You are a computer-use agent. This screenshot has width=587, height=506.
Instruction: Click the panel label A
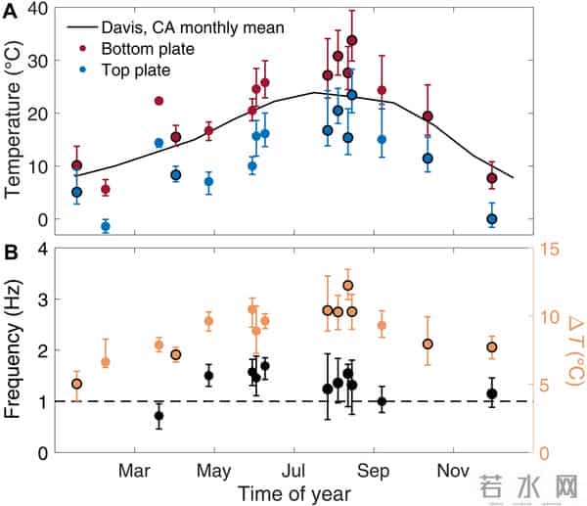(13, 9)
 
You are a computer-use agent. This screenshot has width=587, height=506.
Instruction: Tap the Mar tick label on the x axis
(134, 471)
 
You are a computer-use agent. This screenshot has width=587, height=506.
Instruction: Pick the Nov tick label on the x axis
(451, 471)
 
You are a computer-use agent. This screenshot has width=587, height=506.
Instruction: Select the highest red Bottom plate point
(352, 41)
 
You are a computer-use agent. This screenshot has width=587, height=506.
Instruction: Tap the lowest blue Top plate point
(106, 226)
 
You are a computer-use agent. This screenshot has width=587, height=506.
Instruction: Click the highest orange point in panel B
(347, 285)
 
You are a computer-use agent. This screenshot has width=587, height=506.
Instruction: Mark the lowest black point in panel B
(159, 416)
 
